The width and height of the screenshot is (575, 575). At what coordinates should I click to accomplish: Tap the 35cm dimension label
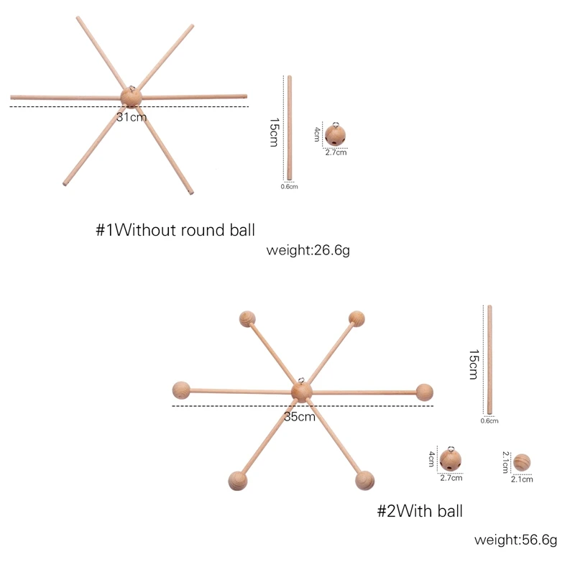[300, 416]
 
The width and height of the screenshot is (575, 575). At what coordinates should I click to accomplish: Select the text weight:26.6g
[308, 250]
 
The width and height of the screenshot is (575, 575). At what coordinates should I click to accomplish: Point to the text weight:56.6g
[515, 540]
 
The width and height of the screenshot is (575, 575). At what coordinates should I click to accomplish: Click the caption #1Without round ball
[176, 230]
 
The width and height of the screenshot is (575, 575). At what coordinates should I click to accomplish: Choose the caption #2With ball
[420, 511]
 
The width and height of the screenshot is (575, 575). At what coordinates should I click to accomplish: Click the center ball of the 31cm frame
[130, 96]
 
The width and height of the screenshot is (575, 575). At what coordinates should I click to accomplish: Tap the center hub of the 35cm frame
[302, 392]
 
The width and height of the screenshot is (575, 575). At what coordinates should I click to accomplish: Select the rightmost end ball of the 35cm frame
[425, 392]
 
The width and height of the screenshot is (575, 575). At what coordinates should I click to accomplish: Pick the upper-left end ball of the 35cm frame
[247, 318]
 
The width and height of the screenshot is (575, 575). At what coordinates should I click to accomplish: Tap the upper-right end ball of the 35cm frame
[356, 318]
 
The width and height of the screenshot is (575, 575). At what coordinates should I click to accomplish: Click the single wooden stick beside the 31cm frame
[289, 127]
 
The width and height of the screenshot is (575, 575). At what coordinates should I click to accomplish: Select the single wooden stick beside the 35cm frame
[489, 359]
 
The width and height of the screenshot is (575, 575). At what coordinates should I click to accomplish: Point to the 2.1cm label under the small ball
[522, 479]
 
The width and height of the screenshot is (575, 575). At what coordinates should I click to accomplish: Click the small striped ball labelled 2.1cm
[522, 462]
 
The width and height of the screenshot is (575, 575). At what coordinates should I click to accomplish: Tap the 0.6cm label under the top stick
[289, 187]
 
